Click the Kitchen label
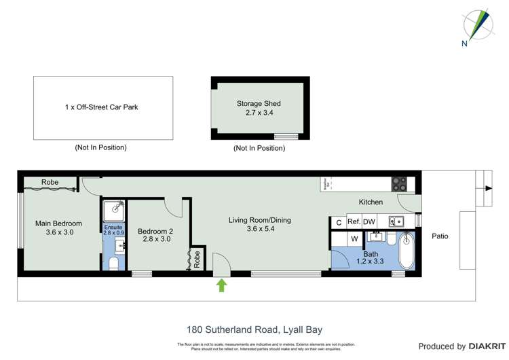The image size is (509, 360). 371,202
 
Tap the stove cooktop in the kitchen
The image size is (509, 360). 399,183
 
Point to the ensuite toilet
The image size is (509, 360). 114,262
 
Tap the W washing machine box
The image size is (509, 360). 354,239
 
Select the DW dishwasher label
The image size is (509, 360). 369,221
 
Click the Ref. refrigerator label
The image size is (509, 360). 354,221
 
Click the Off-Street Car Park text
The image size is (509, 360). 102,107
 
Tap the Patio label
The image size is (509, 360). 440,236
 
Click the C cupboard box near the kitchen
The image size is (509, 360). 338,222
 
